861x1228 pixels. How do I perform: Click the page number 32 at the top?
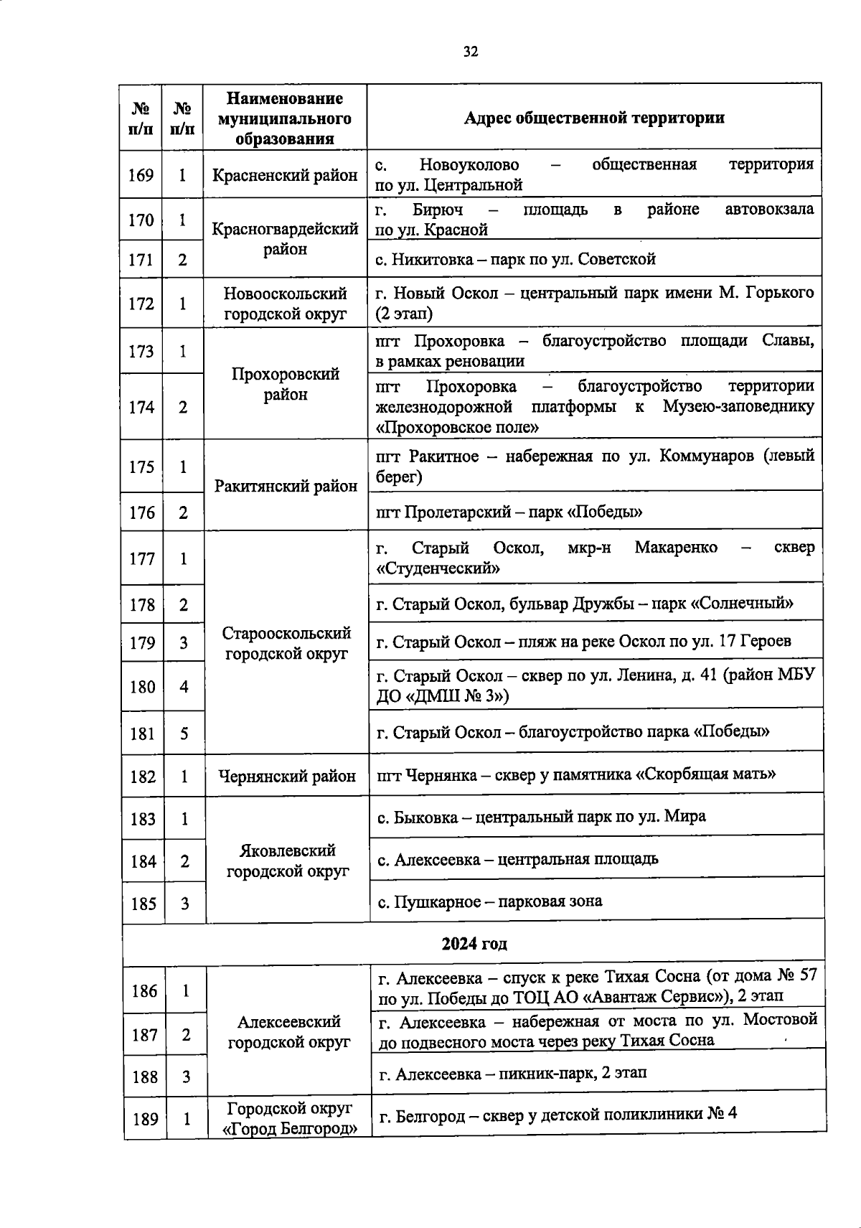point(470,52)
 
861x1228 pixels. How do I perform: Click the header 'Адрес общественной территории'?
point(593,118)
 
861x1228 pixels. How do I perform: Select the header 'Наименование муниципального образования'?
point(285,118)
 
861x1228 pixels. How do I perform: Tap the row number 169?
point(141,175)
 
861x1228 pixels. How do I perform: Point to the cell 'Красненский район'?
point(285,175)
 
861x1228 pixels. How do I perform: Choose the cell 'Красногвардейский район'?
point(285,239)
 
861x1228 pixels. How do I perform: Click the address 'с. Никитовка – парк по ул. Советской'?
point(515,259)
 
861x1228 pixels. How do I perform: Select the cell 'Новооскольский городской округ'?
point(285,304)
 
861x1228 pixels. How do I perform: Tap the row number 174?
point(141,408)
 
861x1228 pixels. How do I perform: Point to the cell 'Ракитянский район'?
point(286,486)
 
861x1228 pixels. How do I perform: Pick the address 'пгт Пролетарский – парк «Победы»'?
point(509,512)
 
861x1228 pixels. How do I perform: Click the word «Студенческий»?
point(438,568)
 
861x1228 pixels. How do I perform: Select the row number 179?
point(142,643)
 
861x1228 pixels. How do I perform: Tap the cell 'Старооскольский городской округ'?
point(286,643)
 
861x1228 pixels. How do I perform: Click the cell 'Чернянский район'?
point(286,776)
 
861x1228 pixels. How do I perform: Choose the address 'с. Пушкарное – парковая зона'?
point(490,901)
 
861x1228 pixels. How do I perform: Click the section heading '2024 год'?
point(474,943)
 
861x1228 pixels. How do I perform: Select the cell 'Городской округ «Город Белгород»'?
point(289,1117)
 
